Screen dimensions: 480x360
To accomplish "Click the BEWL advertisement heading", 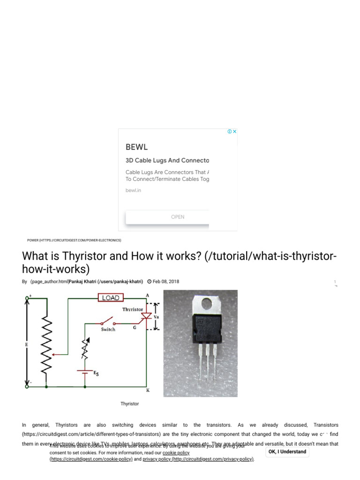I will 137,147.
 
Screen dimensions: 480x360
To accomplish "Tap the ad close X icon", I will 235,132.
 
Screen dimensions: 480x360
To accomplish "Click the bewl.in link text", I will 133,190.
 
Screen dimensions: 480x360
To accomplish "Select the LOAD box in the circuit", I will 111,298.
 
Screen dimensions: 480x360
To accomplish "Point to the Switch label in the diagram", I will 108,330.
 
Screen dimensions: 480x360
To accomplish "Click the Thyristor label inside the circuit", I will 133,309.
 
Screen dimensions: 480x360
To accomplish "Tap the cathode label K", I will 148,390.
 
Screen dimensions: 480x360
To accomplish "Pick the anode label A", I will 147,295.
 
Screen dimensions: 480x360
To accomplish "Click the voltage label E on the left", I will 27,344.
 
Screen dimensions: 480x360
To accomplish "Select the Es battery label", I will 97,373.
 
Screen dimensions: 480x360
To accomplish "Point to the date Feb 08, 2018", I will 165,282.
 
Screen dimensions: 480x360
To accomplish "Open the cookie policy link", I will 176,453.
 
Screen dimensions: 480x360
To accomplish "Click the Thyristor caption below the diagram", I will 130,404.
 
